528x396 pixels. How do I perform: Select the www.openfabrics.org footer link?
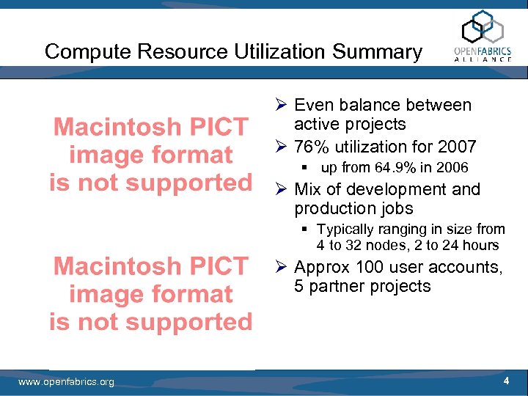pyautogui.click(x=66, y=382)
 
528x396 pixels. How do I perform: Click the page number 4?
pyautogui.click(x=506, y=381)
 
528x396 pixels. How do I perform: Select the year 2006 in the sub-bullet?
pyautogui.click(x=451, y=168)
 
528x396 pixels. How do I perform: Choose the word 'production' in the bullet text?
pyautogui.click(x=331, y=209)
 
